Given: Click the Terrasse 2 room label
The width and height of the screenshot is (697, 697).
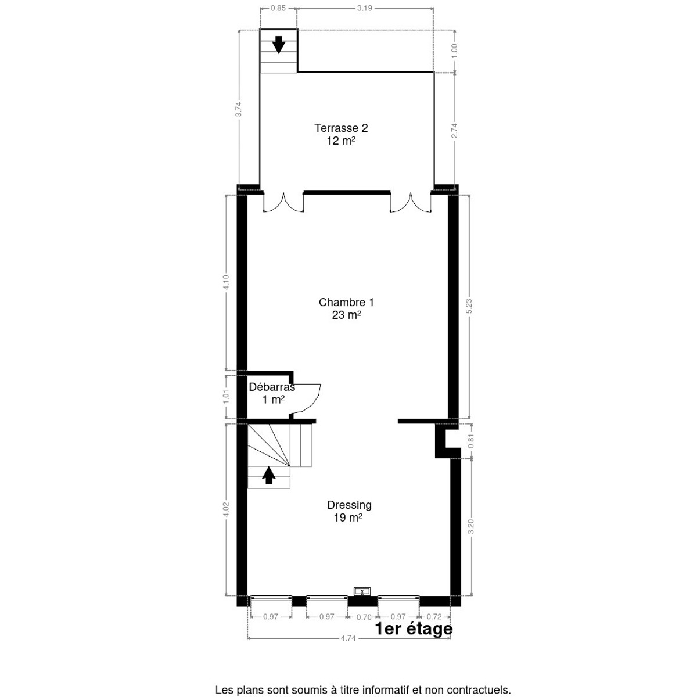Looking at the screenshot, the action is point(341,134).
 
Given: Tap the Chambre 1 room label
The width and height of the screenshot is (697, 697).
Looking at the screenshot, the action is point(346,308).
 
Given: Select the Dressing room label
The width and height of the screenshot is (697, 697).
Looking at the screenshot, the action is point(348,511).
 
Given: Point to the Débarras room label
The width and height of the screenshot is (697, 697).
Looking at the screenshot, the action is point(272,393).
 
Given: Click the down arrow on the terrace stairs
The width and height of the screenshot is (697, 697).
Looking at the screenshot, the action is point(279,45).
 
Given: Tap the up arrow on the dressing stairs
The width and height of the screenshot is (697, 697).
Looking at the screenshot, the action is point(268,475).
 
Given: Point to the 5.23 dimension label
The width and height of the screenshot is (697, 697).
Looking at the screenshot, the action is point(469,307).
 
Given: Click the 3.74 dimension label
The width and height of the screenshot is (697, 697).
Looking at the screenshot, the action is point(238,109).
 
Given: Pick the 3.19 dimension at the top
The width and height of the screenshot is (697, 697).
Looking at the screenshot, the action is point(365,8).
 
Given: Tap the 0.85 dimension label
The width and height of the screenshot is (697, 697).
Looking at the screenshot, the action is point(278,8).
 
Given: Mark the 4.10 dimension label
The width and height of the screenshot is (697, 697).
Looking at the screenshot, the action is point(226,282).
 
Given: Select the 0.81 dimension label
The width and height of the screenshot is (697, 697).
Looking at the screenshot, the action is point(470,441).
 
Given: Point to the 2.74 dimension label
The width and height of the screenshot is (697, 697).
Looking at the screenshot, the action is point(455,131).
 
